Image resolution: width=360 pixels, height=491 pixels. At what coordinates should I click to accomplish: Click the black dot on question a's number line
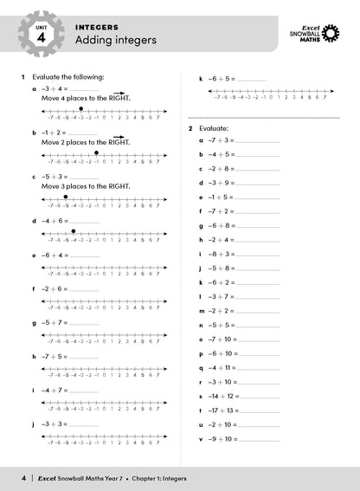(x=80, y=109)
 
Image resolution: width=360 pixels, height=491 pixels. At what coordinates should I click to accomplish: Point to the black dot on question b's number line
(x=96, y=152)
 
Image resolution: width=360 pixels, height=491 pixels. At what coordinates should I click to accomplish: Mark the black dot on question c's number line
(x=66, y=197)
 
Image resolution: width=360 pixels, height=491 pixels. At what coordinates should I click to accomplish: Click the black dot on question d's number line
(x=74, y=231)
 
